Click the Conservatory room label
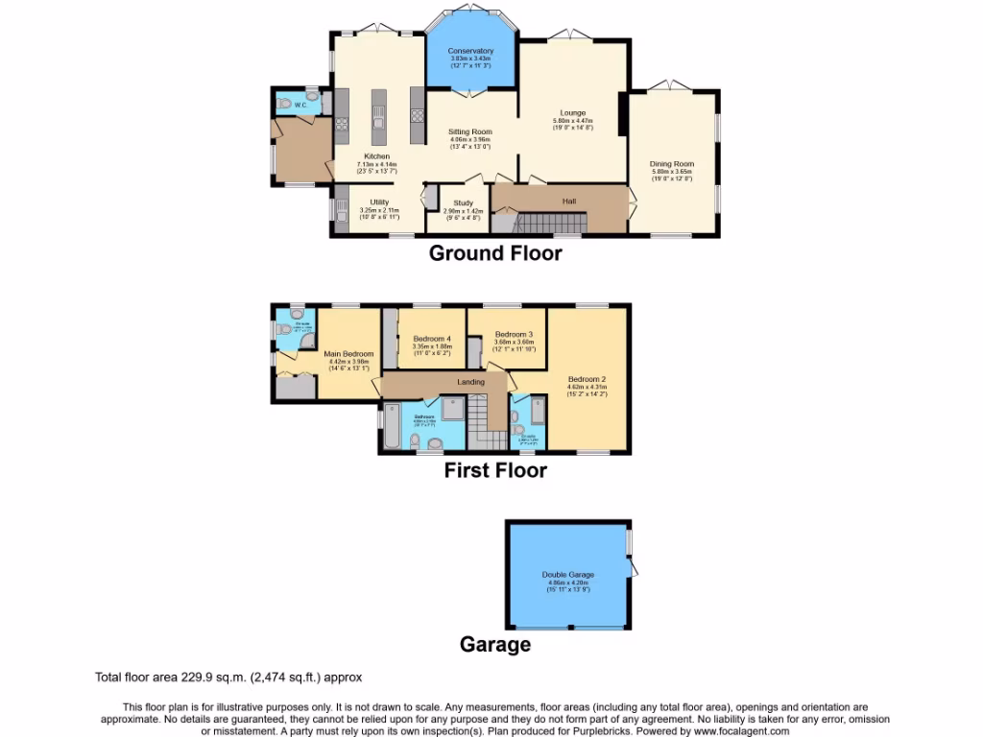pyautogui.click(x=470, y=51)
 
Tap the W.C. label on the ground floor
pyautogui.click(x=300, y=105)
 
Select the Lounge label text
pyautogui.click(x=574, y=113)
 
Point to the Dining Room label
pyautogui.click(x=672, y=164)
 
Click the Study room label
pyautogui.click(x=464, y=202)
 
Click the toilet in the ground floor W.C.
pyautogui.click(x=286, y=103)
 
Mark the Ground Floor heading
pyautogui.click(x=494, y=253)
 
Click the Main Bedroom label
pyautogui.click(x=348, y=354)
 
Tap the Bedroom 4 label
pyautogui.click(x=432, y=339)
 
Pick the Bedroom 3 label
pyautogui.click(x=514, y=334)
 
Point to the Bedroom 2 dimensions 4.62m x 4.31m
pyautogui.click(x=587, y=386)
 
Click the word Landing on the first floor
pyautogui.click(x=444, y=383)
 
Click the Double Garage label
pyautogui.click(x=568, y=575)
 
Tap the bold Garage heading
pyautogui.click(x=495, y=644)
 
